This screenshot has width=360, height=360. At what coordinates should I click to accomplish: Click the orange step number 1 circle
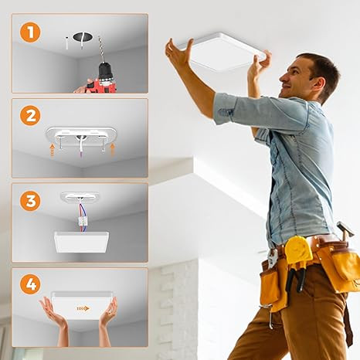(30, 32)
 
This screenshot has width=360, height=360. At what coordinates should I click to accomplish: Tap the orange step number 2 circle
(30, 115)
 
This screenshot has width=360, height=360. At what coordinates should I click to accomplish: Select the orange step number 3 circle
(30, 201)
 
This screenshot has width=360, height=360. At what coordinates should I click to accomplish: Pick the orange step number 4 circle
(30, 284)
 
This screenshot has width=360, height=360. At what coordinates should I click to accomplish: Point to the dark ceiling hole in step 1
(82, 36)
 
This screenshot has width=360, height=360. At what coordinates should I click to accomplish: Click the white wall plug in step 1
(66, 43)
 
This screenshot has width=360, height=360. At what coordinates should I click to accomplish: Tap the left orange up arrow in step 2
(53, 150)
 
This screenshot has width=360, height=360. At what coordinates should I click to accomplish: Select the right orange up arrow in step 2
(112, 150)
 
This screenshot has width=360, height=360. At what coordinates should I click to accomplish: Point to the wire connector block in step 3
(83, 221)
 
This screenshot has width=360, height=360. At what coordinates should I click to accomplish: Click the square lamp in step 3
(82, 242)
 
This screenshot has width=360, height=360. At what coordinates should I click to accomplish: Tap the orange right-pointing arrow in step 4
(83, 308)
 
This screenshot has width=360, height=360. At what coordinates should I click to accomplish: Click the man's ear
(318, 84)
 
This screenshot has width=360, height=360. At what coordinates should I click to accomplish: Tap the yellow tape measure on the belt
(298, 250)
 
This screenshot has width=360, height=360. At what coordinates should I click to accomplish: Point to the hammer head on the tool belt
(345, 227)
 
